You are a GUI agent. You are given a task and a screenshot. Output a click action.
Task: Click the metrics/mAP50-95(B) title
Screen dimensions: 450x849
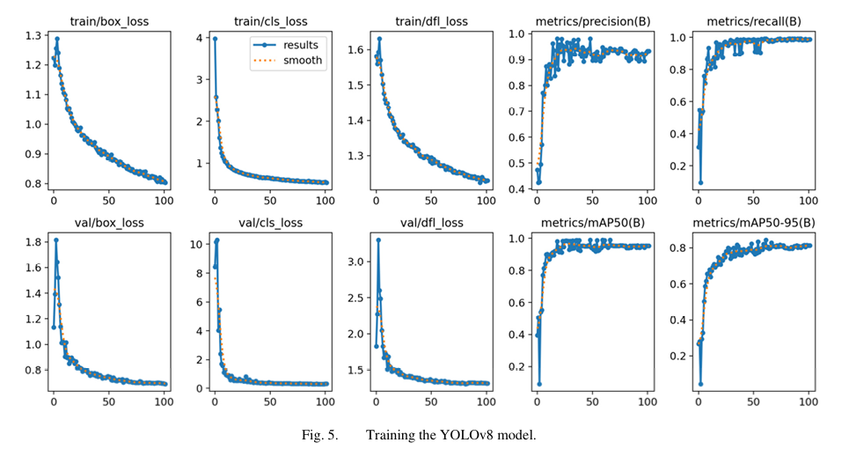point(754,222)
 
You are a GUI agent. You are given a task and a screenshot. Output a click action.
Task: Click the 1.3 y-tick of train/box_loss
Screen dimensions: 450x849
point(33,35)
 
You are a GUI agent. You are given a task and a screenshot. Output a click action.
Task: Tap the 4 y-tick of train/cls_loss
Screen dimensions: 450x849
point(200,38)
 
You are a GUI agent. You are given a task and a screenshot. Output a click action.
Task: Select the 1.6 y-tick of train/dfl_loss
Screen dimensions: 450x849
point(355,50)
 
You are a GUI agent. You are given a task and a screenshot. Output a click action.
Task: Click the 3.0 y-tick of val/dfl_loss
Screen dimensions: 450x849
point(355,262)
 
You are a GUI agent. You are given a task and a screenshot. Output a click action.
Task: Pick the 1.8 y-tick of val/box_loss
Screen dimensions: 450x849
point(33,242)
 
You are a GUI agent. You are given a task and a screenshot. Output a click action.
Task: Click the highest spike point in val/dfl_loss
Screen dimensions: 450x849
point(378,240)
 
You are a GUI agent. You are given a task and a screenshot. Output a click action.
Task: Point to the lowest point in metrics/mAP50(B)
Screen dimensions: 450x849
point(538,384)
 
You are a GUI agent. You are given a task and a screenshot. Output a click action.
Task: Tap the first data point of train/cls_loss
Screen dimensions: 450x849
point(215,39)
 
